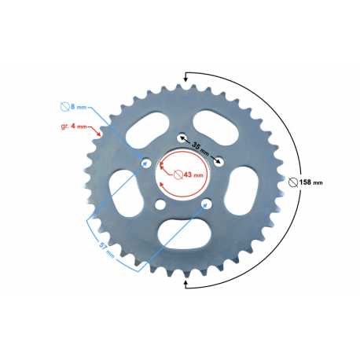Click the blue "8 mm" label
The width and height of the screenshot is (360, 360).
point(79,107)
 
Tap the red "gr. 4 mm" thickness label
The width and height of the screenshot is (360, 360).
point(74,127)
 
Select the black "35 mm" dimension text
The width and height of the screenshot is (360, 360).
point(200,148)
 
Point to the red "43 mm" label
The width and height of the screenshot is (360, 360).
point(193,174)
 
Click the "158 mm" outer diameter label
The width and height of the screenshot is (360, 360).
point(311,182)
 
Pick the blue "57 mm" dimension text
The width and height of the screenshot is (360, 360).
point(107,249)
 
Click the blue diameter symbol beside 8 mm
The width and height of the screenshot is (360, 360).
point(64,106)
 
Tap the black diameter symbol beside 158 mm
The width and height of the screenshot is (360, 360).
point(293,182)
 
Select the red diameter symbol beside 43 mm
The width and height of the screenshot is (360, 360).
point(178,174)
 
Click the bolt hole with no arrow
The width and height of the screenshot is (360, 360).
point(160,204)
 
